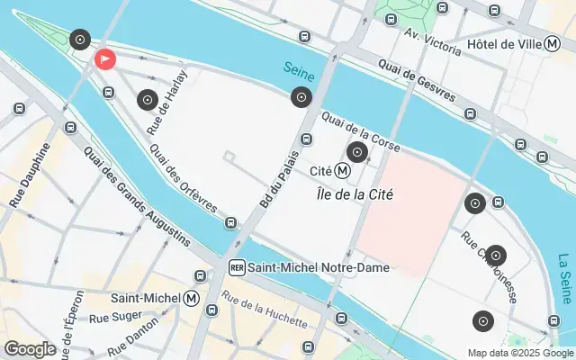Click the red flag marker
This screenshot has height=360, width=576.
[104, 59]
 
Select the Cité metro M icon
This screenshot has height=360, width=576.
[342, 170]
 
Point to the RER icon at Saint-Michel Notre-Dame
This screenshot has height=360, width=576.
[237, 267]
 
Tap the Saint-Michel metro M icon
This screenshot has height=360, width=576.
[191, 297]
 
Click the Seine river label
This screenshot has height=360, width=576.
[298, 68]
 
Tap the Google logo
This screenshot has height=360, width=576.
[30, 349]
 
